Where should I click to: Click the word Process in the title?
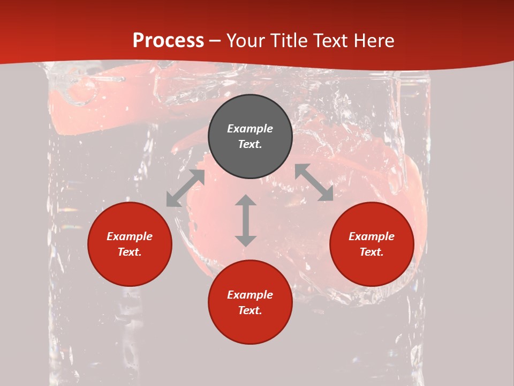168,41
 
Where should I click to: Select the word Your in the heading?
245,41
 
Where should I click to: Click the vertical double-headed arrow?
246,220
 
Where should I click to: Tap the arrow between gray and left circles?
185,188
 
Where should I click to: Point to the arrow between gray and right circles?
314,182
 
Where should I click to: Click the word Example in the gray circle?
250,129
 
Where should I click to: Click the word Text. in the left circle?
130,252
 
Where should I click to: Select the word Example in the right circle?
372,236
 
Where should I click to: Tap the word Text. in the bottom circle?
250,310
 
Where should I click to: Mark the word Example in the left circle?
130,236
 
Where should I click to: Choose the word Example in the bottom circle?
250,295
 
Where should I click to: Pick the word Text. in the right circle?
372,252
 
